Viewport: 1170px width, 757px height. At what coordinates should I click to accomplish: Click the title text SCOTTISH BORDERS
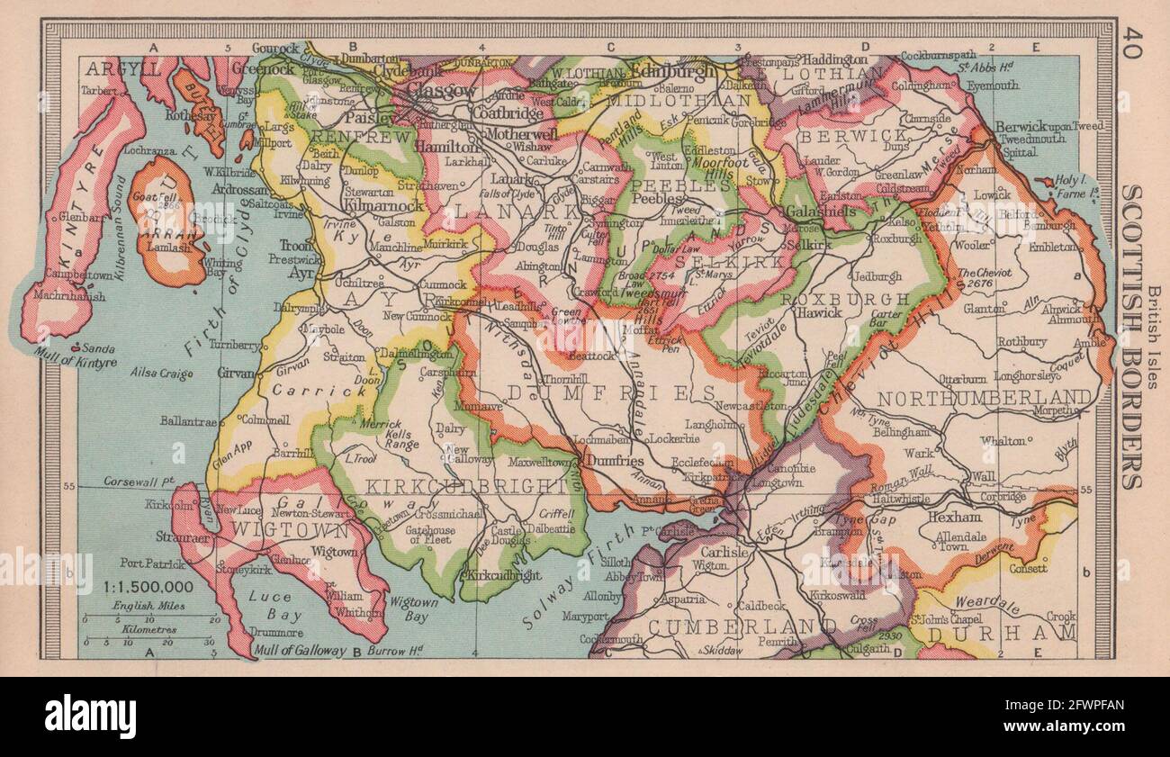[1131, 337]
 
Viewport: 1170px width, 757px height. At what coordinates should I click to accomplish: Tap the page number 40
[1131, 44]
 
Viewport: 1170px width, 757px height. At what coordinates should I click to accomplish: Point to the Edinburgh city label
[673, 70]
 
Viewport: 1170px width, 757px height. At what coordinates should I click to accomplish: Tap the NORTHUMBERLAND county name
[985, 398]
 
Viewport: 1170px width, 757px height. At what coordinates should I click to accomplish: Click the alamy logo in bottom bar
[90, 716]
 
